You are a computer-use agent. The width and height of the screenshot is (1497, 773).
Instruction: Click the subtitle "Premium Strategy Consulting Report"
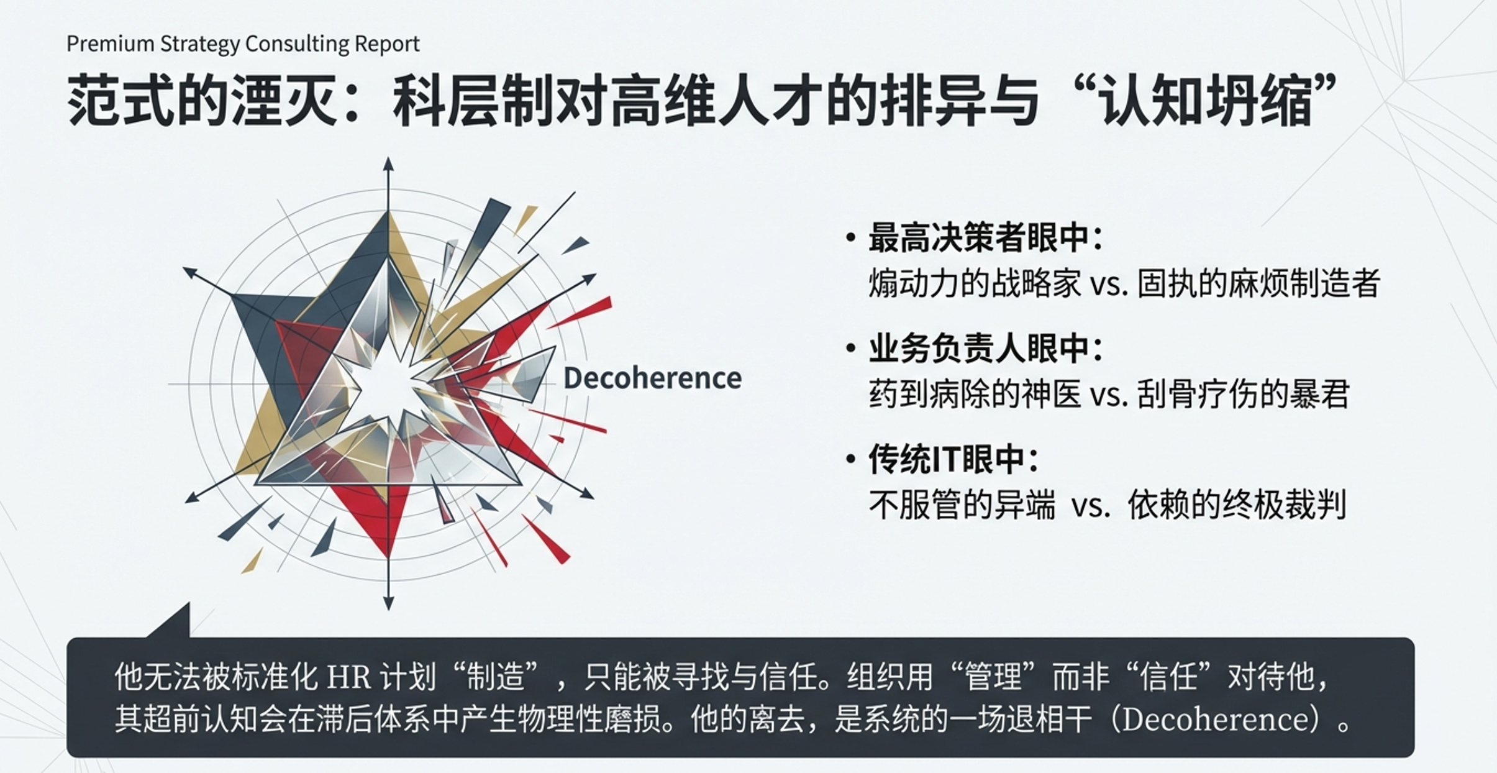coord(243,44)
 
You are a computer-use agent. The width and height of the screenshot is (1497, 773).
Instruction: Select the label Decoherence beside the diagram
coord(652,378)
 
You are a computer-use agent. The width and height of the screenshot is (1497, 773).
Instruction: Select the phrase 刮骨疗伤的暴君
coord(1243,394)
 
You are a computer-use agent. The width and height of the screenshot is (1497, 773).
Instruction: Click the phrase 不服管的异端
coord(962,505)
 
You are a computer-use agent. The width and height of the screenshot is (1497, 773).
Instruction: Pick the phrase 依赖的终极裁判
coord(1237,505)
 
